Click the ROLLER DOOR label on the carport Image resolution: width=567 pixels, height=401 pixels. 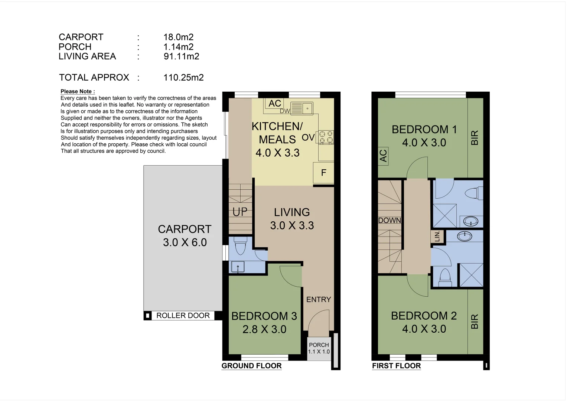pyautogui.click(x=183, y=316)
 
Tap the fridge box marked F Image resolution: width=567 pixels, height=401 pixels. pyautogui.click(x=323, y=173)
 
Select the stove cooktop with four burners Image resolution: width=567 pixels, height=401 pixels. pyautogui.click(x=326, y=137)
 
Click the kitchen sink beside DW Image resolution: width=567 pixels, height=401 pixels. pyautogui.click(x=302, y=108)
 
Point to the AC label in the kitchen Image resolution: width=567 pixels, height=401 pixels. pyautogui.click(x=274, y=104)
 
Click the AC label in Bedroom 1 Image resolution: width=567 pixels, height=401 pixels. pyautogui.click(x=383, y=156)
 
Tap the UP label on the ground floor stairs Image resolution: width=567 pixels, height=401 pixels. pyautogui.click(x=240, y=212)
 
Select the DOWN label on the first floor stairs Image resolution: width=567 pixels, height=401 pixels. pyautogui.click(x=390, y=221)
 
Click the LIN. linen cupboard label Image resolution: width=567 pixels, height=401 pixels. pyautogui.click(x=437, y=236)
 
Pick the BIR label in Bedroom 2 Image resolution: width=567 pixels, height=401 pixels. pyautogui.click(x=475, y=322)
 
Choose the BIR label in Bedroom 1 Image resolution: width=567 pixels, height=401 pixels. pyautogui.click(x=475, y=138)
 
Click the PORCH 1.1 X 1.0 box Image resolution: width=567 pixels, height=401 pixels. pyautogui.click(x=319, y=348)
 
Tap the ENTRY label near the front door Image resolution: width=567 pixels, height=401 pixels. pyautogui.click(x=318, y=300)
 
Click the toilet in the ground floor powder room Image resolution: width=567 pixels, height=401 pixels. pyautogui.click(x=240, y=246)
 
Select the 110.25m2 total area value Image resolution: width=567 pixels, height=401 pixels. pyautogui.click(x=183, y=78)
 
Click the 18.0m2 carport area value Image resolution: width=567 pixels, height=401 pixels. pyautogui.click(x=178, y=37)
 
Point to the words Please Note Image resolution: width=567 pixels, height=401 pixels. pyautogui.click(x=78, y=91)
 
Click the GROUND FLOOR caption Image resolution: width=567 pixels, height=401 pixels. pyautogui.click(x=251, y=366)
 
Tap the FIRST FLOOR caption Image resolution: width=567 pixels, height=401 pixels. pyautogui.click(x=396, y=366)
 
